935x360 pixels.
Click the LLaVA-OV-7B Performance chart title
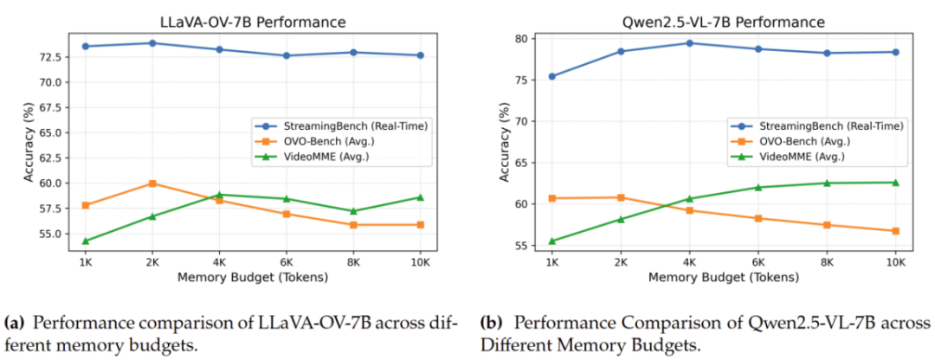[x=253, y=22]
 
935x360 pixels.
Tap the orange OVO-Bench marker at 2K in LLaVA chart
[x=152, y=183]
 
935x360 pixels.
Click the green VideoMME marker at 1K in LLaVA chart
[x=85, y=241]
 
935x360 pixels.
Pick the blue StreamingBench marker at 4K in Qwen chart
[x=689, y=43]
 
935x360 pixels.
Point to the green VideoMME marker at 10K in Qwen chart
[x=895, y=183]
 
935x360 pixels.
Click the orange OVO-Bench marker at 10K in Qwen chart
[x=895, y=231]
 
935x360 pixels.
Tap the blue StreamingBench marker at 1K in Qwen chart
[x=552, y=76]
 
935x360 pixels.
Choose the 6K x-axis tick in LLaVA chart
[x=287, y=261]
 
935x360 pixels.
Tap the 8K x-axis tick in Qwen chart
[x=827, y=261]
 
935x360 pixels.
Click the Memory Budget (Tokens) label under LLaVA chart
[x=253, y=277]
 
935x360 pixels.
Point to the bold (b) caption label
[x=489, y=325]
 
